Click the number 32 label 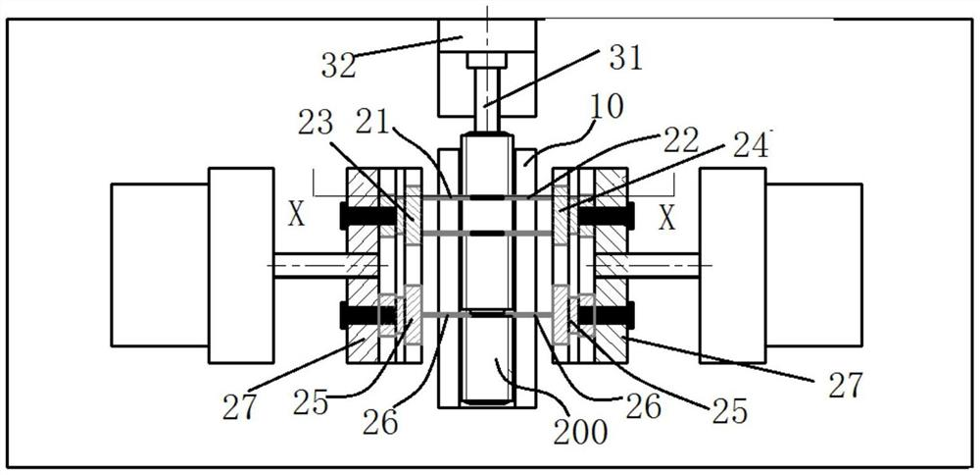338,65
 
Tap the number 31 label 624,58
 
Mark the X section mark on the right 666,217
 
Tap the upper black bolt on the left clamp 360,215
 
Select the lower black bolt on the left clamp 360,314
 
